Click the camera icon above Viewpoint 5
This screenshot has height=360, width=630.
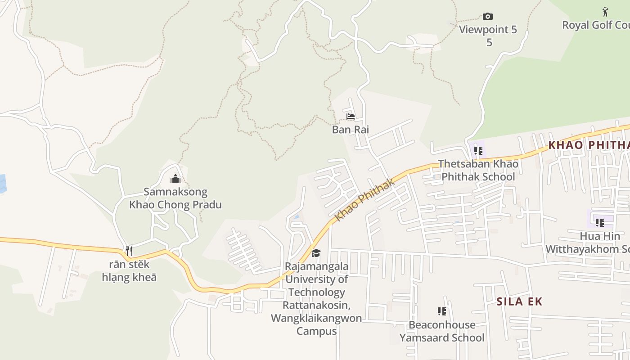point(487,17)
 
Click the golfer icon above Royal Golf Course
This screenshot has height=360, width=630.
point(605,12)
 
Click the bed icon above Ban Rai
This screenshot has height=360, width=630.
point(351,117)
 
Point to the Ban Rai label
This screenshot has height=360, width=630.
point(351,130)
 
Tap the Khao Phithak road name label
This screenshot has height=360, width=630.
point(365,199)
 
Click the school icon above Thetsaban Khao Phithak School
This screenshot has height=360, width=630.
point(478,151)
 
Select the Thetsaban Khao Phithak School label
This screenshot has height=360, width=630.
point(478,170)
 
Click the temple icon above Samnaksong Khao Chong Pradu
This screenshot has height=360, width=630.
point(175,179)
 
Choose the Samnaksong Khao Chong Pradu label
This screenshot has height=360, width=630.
point(175,198)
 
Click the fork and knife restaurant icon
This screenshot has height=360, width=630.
point(129,251)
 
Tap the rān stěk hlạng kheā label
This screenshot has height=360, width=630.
point(129,270)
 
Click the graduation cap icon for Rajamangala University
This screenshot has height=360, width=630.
point(316,253)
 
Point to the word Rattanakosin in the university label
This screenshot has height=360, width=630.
point(316,305)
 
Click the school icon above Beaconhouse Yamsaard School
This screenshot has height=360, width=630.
point(442,311)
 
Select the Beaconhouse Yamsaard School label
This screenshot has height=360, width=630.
point(442,331)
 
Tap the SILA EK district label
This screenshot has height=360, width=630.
point(519,301)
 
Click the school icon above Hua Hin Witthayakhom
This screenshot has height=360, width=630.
point(599,222)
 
